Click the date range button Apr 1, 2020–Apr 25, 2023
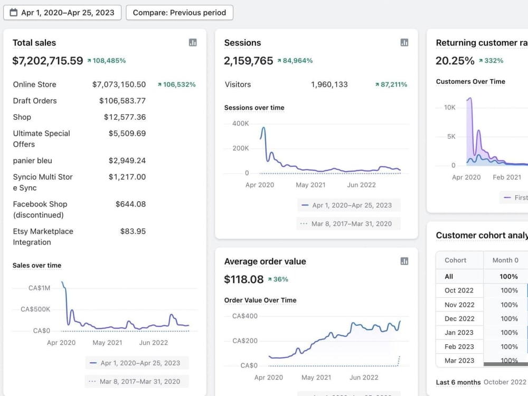tap(62, 13)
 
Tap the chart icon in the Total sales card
tap(193, 42)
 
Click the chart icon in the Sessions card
tap(404, 42)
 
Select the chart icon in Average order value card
tap(404, 261)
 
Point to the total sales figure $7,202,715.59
tap(48, 61)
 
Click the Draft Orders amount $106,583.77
tap(122, 101)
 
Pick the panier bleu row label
tap(33, 161)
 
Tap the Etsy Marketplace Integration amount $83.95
tap(133, 231)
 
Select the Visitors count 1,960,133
tap(329, 84)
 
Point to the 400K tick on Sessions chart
tap(240, 124)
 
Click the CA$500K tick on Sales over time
tap(35, 309)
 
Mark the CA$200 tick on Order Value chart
tap(245, 341)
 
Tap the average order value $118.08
tap(244, 279)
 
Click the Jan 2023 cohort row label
tap(459, 333)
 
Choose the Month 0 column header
tap(505, 260)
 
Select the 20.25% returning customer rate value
tap(455, 61)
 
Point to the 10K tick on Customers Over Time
tap(449, 107)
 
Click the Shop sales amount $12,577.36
tap(125, 117)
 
